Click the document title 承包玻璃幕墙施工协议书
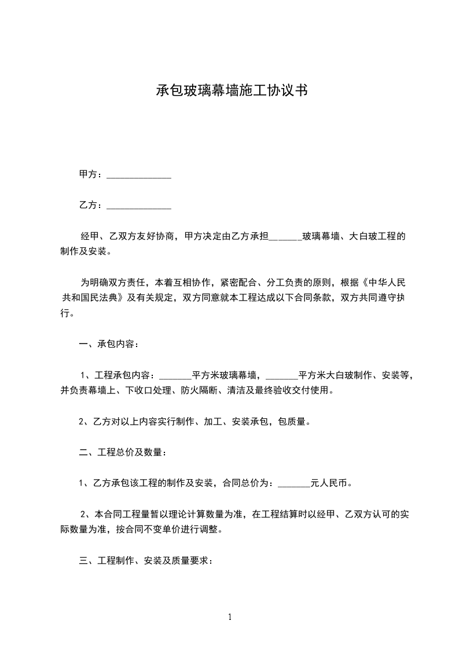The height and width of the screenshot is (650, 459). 232,90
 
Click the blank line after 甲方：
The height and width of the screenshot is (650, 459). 139,175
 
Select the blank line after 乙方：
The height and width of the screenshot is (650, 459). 139,206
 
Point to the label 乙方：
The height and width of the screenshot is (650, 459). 91,206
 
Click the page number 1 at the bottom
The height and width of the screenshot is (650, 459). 230,617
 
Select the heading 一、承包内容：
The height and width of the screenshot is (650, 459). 108,345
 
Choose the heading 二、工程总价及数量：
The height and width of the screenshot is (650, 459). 122,452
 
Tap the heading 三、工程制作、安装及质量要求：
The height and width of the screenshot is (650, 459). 146,561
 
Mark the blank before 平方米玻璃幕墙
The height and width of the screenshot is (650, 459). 175,375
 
